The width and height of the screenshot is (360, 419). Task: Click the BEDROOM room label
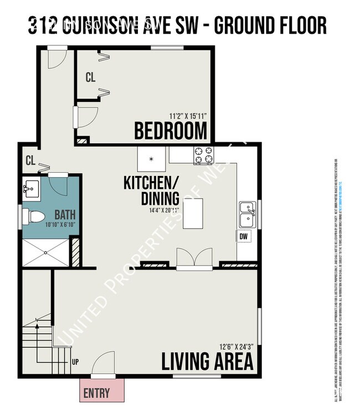point(171,132)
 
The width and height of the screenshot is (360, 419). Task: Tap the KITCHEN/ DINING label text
point(151,190)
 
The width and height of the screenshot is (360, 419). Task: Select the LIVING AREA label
point(207,361)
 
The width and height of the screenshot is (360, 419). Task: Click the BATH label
point(64,214)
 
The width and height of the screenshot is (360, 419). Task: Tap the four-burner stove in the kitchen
point(203,155)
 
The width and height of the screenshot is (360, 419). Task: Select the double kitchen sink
point(246,214)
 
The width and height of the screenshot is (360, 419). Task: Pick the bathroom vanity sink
point(30,190)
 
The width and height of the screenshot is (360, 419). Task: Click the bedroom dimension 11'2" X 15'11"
point(188,116)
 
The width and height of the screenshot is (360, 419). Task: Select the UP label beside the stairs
point(75,363)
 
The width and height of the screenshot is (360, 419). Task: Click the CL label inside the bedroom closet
point(90,78)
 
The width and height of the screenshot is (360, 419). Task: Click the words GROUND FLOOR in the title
point(270,25)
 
